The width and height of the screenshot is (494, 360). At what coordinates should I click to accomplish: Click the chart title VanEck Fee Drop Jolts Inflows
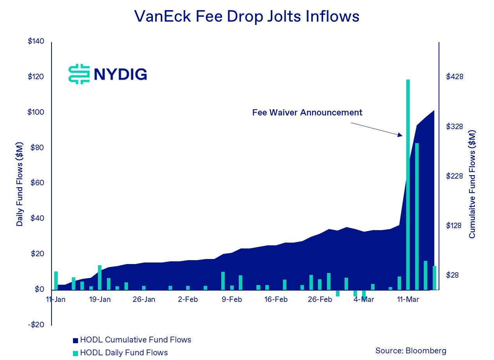tap(247, 16)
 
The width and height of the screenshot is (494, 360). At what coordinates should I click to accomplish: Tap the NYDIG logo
tap(108, 74)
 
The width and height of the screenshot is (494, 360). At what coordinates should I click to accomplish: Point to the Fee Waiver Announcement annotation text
tap(307, 113)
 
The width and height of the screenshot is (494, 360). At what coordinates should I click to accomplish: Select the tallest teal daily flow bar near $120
tap(408, 183)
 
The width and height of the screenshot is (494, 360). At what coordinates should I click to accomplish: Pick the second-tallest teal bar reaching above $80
tap(417, 216)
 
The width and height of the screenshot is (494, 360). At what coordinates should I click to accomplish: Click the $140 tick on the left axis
tap(36, 41)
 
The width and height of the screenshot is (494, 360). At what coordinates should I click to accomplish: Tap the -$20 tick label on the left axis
tap(36, 325)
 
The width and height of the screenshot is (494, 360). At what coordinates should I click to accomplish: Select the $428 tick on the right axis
tap(455, 77)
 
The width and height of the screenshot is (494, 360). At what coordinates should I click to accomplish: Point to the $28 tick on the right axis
tap(453, 275)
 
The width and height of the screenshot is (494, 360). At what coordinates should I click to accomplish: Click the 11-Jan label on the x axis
tap(56, 300)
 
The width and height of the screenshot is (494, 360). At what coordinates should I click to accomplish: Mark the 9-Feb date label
tap(232, 300)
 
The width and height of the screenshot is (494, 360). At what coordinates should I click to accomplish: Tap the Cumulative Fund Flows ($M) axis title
tap(472, 184)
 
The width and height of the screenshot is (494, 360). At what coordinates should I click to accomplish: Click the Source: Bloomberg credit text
tap(410, 351)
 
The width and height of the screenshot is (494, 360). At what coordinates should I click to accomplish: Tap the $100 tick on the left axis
tap(36, 112)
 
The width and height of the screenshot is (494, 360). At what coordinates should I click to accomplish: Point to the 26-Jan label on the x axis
tap(144, 300)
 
